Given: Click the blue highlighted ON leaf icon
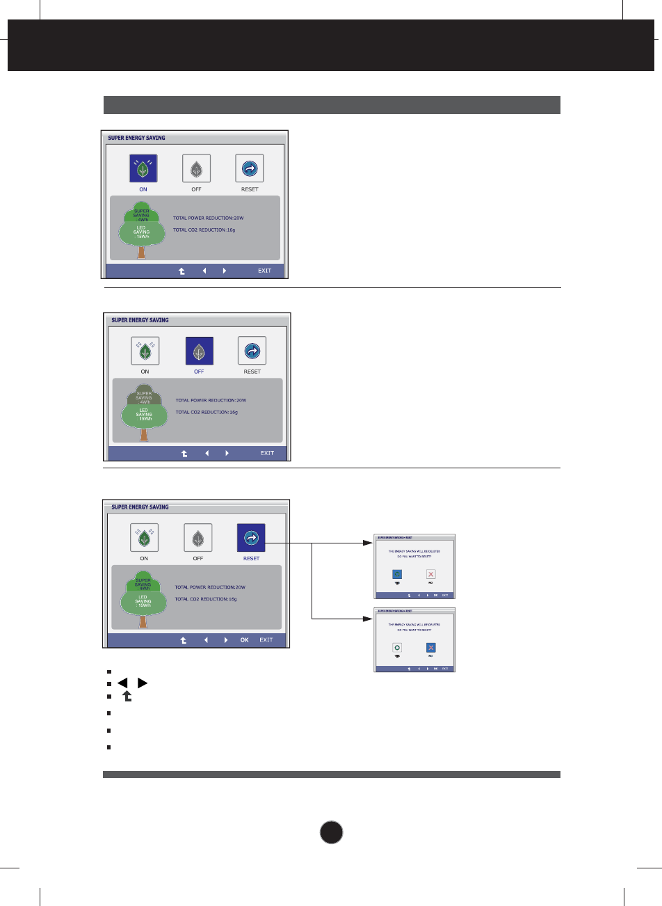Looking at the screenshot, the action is pos(143,168).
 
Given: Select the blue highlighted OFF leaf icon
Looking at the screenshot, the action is pos(199,351).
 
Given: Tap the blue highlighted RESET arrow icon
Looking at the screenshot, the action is pos(251,538).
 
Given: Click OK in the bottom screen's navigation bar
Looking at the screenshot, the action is pos(244,640).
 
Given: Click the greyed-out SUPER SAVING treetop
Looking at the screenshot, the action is pos(144,397).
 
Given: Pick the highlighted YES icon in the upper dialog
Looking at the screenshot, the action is pos(397,574).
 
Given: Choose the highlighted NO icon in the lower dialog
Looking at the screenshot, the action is pos(430,648).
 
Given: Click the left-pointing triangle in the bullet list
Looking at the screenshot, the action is pos(122,683).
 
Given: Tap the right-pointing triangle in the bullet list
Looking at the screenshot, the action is pos(143,683).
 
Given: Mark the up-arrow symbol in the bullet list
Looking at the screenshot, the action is pos(127,696).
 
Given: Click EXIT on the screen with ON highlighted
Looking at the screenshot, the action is pos(264,271).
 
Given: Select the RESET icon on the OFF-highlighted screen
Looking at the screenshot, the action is pos(252,351).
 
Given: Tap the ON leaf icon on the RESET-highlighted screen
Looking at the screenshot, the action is pos(144,538).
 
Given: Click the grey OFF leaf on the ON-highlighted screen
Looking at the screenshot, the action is pos(196,168).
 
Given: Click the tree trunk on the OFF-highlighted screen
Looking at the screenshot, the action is pos(144,435).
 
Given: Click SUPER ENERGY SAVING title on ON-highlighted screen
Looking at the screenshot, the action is pos(136,138).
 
